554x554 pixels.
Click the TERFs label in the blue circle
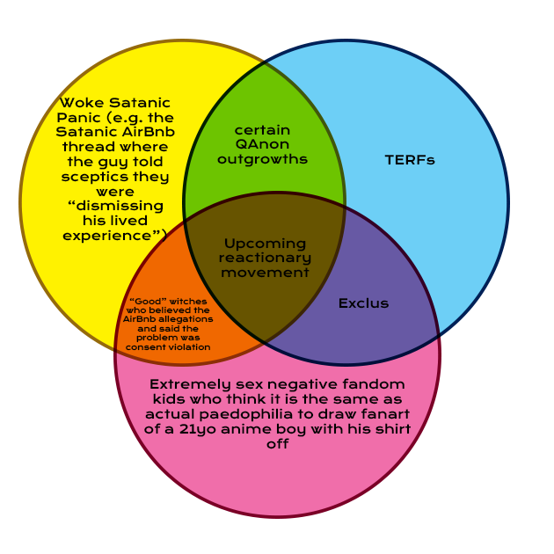click(410, 160)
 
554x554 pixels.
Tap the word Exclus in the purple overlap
click(363, 303)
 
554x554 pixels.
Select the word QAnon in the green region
click(262, 144)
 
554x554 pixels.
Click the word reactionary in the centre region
click(265, 258)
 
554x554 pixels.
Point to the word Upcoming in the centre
click(265, 243)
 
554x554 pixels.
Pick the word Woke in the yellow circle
click(80, 103)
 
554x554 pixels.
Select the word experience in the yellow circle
click(105, 236)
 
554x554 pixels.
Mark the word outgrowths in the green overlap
click(262, 159)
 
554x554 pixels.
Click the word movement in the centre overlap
click(265, 273)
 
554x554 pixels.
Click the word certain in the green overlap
click(262, 130)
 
